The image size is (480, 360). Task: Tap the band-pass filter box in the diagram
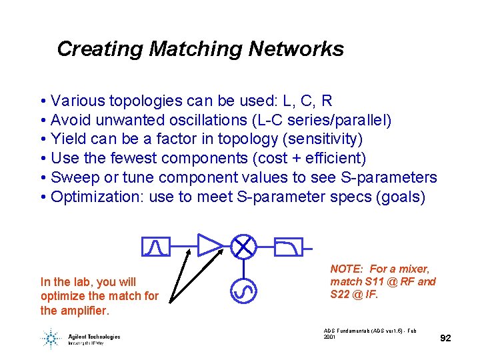pyautogui.click(x=151, y=247)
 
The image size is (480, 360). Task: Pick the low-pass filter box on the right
pyautogui.click(x=288, y=247)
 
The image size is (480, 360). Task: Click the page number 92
pyautogui.click(x=446, y=338)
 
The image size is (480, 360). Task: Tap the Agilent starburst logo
pyautogui.click(x=51, y=338)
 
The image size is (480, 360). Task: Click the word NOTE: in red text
pyautogui.click(x=347, y=269)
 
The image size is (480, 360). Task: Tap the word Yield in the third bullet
pyautogui.click(x=68, y=139)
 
